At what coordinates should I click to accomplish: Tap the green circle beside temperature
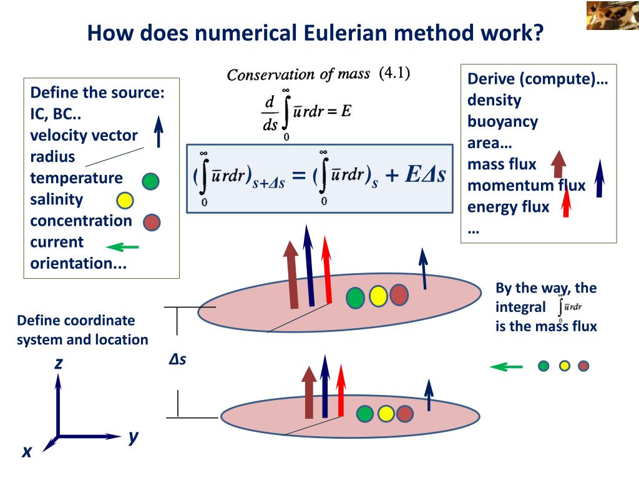pyautogui.click(x=150, y=181)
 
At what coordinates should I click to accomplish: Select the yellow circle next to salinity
pyautogui.click(x=125, y=201)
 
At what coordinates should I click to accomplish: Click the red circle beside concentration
pyautogui.click(x=152, y=221)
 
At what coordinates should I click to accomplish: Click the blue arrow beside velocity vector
pyautogui.click(x=159, y=132)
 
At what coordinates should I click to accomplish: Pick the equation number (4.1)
pyautogui.click(x=394, y=74)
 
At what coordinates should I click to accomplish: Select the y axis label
pyautogui.click(x=134, y=436)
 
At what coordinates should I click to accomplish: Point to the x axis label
pyautogui.click(x=26, y=451)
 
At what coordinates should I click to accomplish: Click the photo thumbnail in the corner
pyautogui.click(x=612, y=16)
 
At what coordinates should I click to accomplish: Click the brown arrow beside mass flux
pyautogui.click(x=559, y=164)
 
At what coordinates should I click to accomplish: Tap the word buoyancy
pyautogui.click(x=502, y=121)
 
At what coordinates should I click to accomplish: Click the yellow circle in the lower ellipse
pyautogui.click(x=386, y=413)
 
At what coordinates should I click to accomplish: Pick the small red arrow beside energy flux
pyautogui.click(x=567, y=204)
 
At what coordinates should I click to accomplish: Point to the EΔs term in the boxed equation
pyautogui.click(x=425, y=174)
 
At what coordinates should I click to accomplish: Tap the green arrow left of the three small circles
pyautogui.click(x=506, y=366)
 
